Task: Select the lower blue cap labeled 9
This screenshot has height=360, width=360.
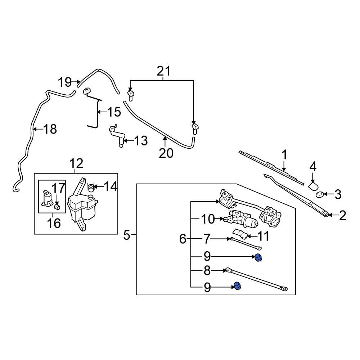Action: pyautogui.click(x=237, y=286)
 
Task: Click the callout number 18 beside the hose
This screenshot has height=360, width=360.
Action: pyautogui.click(x=50, y=129)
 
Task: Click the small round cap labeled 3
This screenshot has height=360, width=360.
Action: pyautogui.click(x=319, y=195)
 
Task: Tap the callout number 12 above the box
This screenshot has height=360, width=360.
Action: pyautogui.click(x=76, y=163)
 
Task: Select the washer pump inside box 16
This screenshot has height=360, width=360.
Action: pyautogui.click(x=46, y=199)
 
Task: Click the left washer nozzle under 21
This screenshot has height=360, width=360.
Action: pyautogui.click(x=131, y=95)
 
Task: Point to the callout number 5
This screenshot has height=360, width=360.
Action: pyautogui.click(x=126, y=235)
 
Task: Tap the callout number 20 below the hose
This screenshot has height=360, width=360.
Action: pyautogui.click(x=166, y=153)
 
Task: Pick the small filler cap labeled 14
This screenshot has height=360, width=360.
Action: pyautogui.click(x=91, y=187)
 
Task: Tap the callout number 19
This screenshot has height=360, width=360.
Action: pyautogui.click(x=65, y=82)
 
